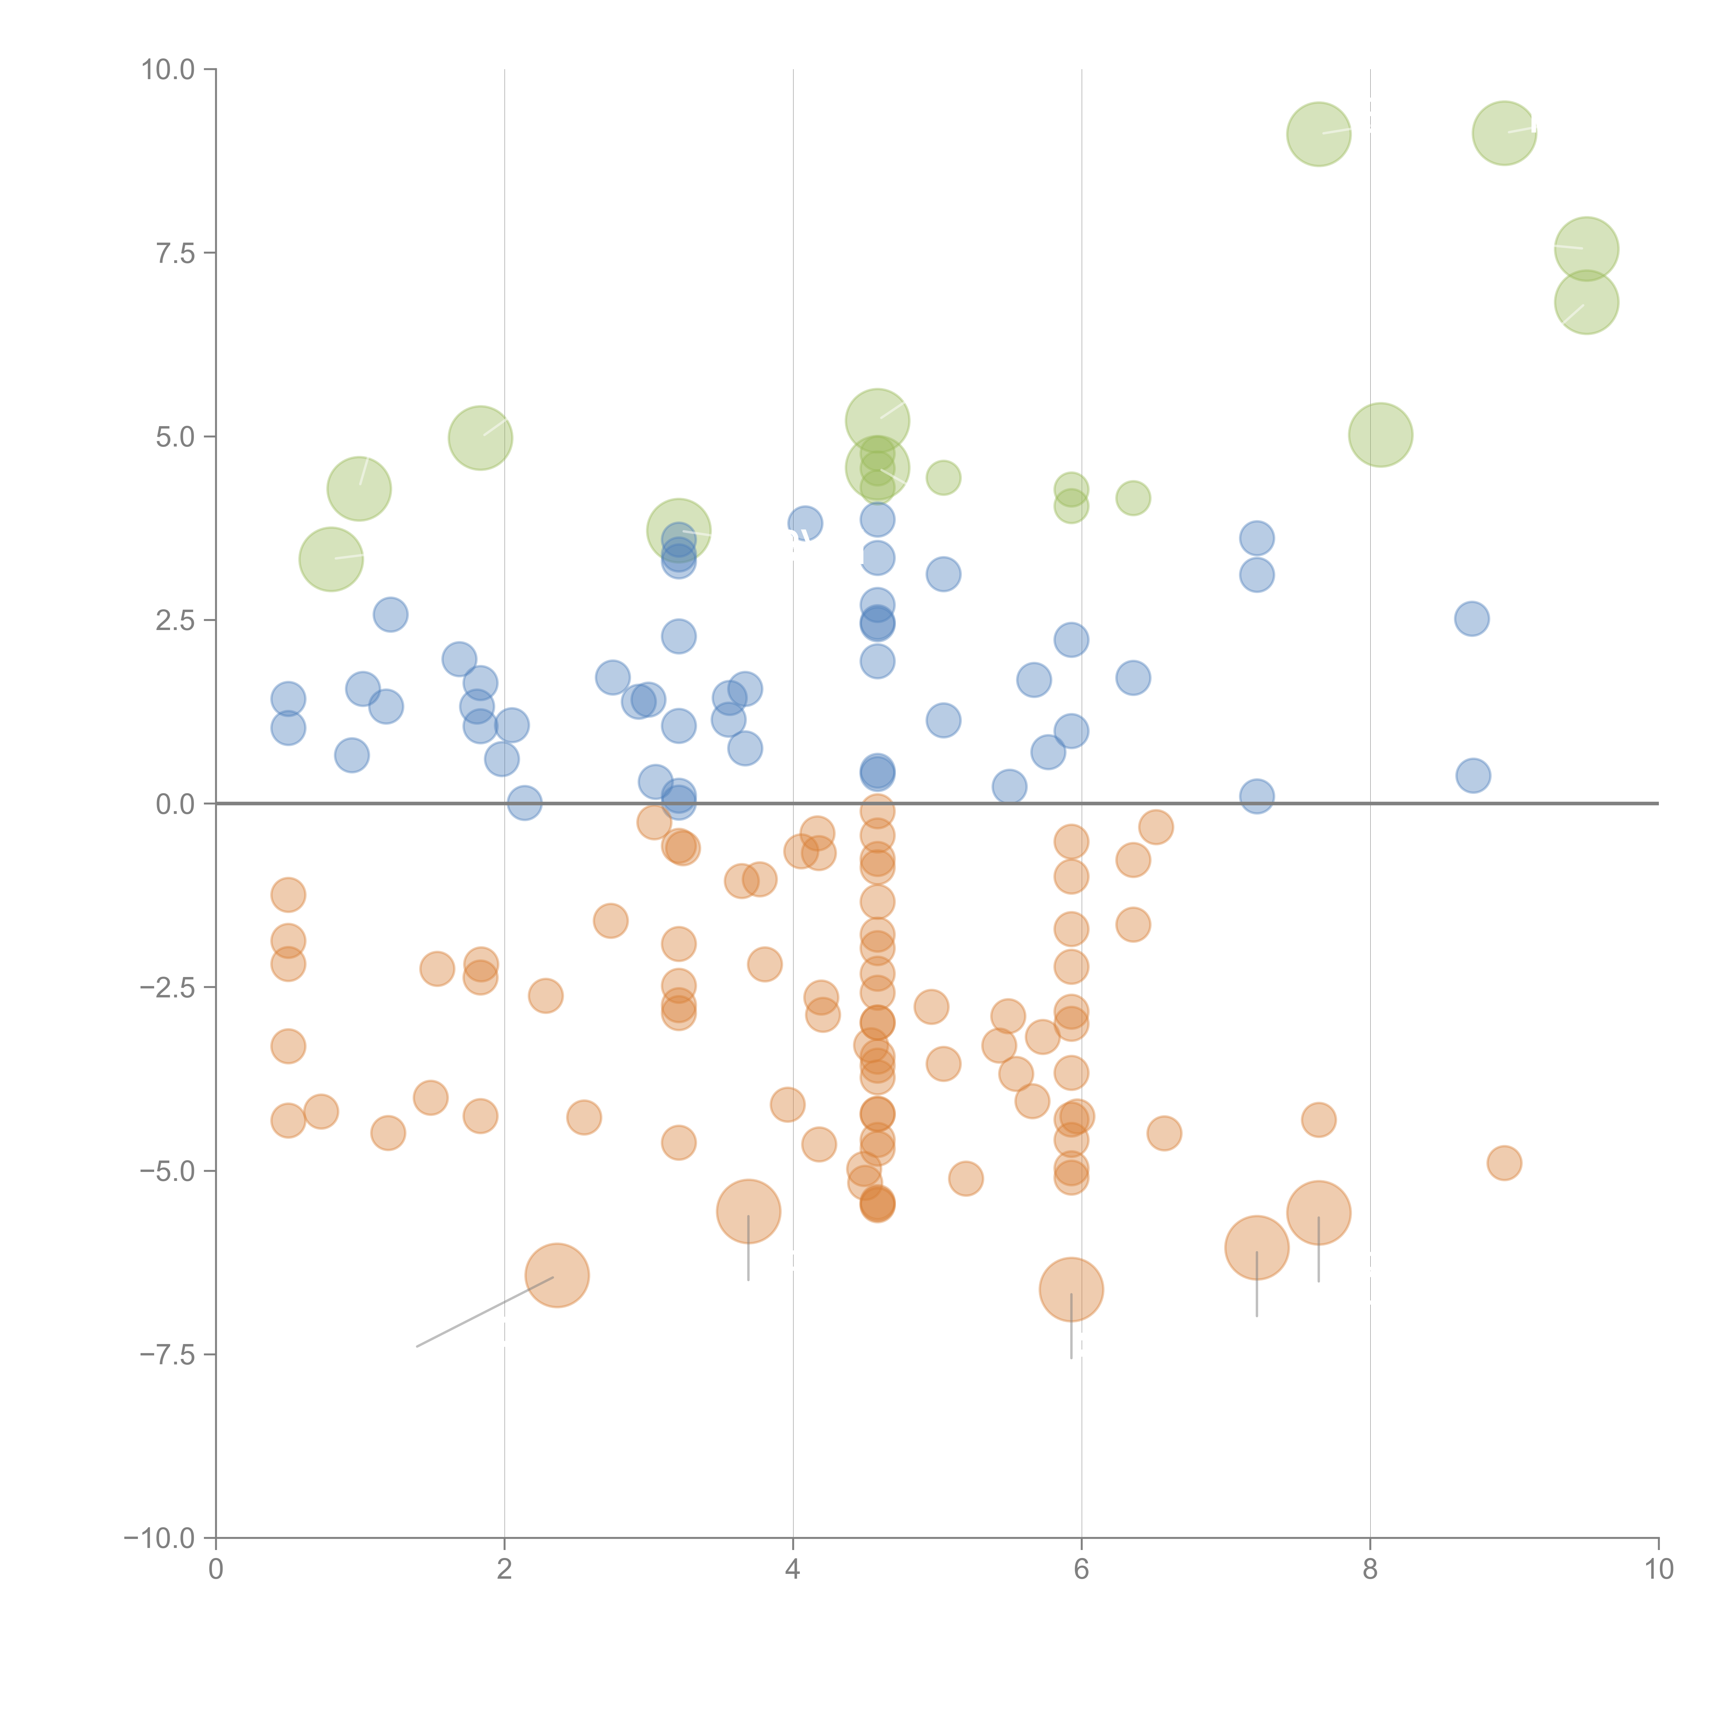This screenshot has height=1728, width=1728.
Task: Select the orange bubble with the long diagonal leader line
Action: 557,1275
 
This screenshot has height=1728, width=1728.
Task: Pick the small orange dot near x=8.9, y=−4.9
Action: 1504,1163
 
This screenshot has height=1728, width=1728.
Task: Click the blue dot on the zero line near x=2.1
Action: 524,803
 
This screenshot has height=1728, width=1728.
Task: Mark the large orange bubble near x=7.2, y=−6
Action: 1257,1248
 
